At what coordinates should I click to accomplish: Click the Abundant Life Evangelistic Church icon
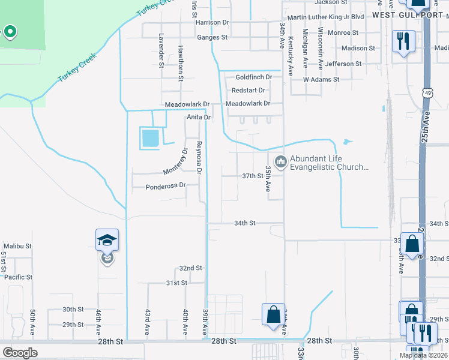click(x=280, y=162)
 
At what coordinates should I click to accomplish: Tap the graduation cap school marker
click(x=107, y=240)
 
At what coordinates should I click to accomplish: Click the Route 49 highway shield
click(x=427, y=94)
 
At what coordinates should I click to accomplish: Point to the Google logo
click(x=20, y=353)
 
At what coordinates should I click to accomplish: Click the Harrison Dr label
click(x=212, y=22)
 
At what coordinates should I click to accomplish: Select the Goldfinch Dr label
click(x=254, y=77)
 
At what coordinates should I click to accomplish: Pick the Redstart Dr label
click(x=249, y=91)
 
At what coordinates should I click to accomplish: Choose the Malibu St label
click(x=17, y=246)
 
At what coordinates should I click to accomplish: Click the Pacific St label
click(x=18, y=277)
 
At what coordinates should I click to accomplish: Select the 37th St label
click(x=253, y=176)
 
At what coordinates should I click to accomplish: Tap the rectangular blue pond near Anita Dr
click(x=150, y=139)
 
